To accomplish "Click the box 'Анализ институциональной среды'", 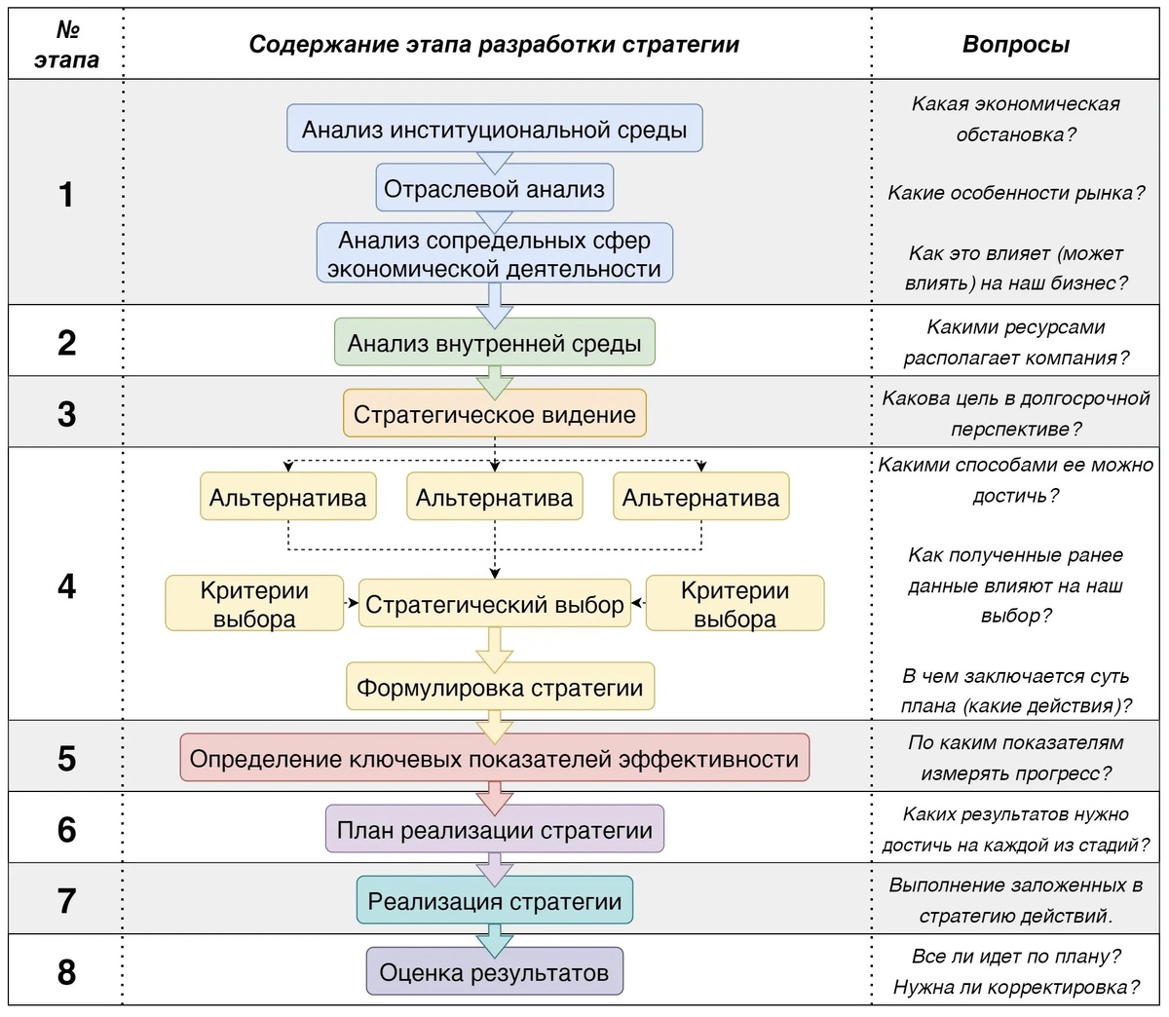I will click(x=494, y=129).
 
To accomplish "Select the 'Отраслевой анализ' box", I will click(x=494, y=189).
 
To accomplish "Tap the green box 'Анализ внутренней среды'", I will click(x=494, y=343).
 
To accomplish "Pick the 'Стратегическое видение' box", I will click(x=494, y=414).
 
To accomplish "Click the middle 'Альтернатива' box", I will click(x=494, y=498).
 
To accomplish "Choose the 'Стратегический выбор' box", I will click(x=494, y=604).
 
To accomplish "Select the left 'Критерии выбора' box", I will click(x=254, y=604).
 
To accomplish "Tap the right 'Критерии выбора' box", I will click(x=735, y=604).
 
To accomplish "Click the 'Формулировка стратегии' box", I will click(x=500, y=688).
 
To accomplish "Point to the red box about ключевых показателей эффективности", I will click(x=494, y=759).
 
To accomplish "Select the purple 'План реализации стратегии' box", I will click(x=494, y=830).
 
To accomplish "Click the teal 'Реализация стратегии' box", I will click(x=494, y=901).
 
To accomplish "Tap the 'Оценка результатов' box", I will click(x=494, y=972).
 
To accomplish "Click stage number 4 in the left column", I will click(x=66, y=585).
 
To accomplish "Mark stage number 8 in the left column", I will click(x=66, y=972).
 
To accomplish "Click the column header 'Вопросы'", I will click(x=1015, y=45).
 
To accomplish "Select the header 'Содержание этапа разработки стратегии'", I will click(x=494, y=45).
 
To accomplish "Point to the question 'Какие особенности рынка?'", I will click(x=1015, y=193).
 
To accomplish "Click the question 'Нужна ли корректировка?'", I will click(x=1015, y=987).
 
